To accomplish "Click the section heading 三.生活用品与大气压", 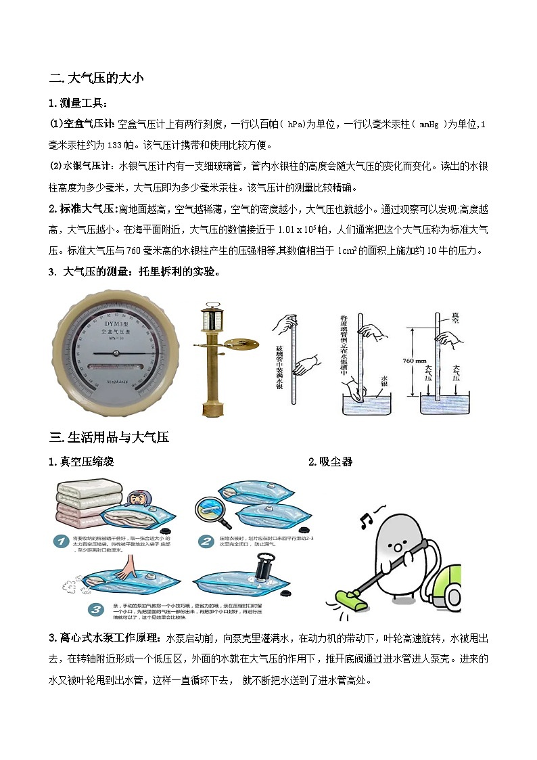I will (109, 437).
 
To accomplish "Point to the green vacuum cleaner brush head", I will (354, 596).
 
